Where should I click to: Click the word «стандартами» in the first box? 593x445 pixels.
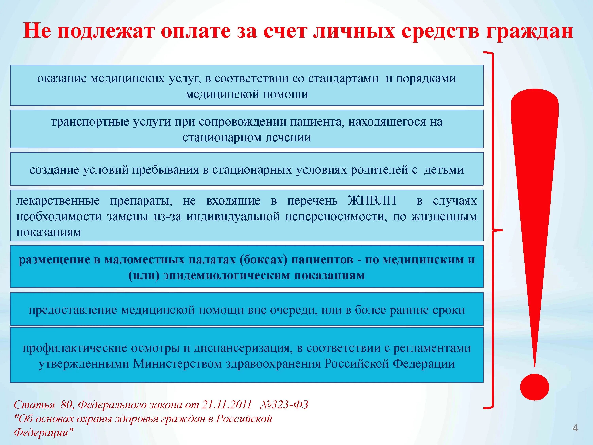click(343, 79)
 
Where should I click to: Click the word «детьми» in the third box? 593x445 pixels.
click(444, 170)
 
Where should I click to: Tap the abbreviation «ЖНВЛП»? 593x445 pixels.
click(372, 200)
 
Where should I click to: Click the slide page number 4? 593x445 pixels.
click(575, 428)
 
